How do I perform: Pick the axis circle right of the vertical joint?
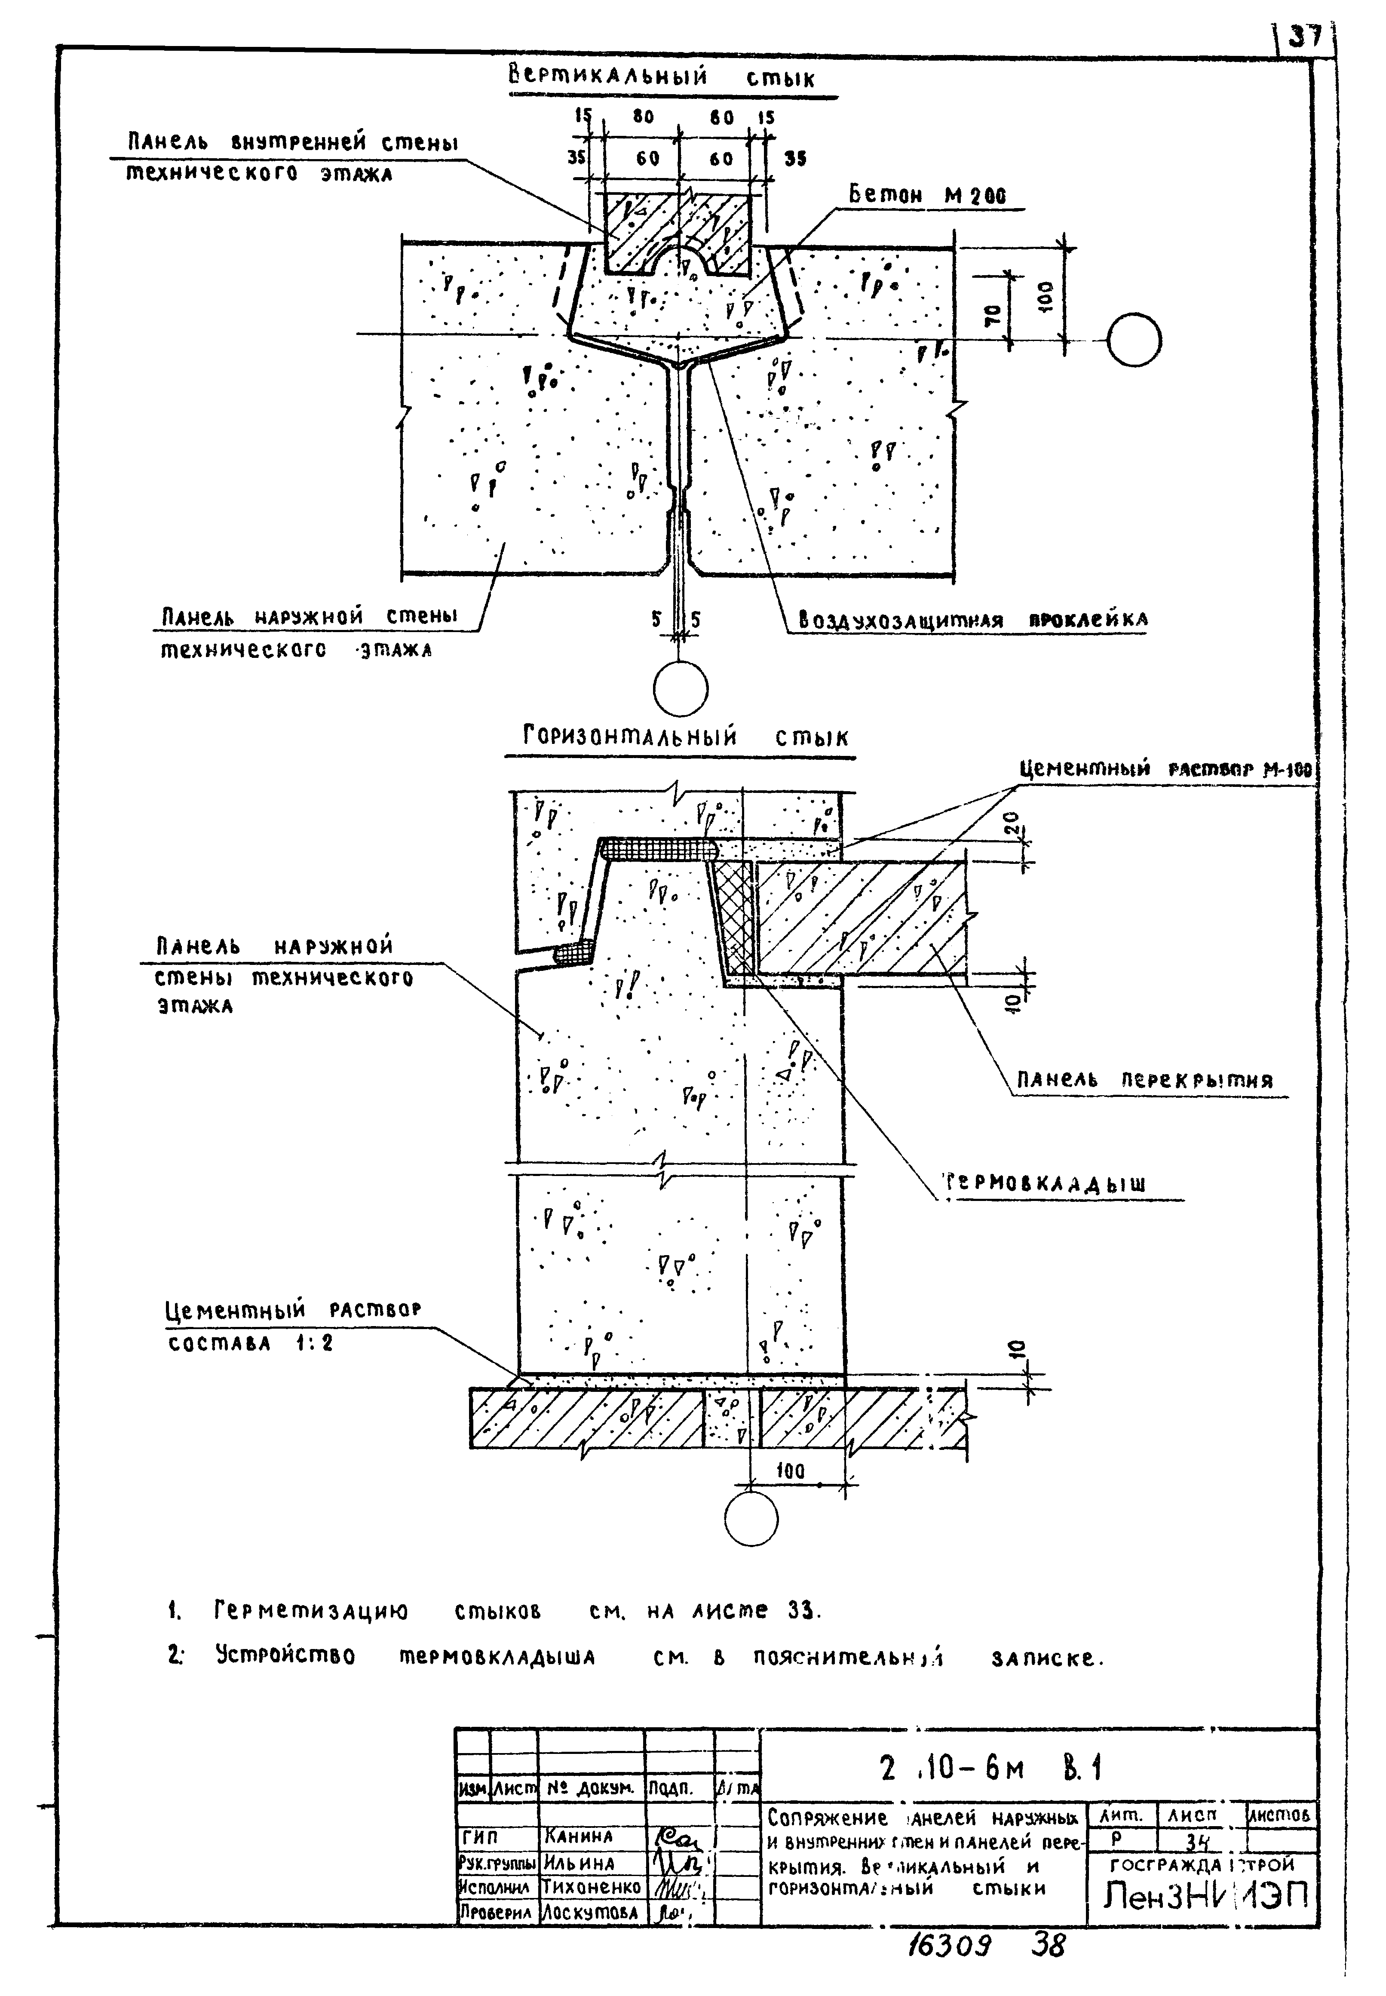click(x=1134, y=340)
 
